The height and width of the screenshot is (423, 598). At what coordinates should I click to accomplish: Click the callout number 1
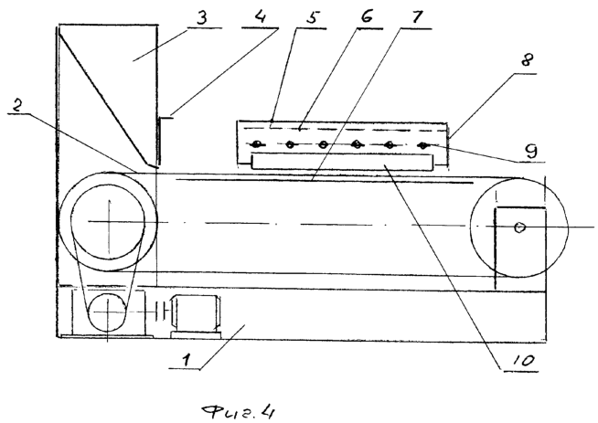point(186,360)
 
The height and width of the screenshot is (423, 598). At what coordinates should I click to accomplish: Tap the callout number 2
point(16,107)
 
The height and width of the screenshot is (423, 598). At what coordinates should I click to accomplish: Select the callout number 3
point(201,18)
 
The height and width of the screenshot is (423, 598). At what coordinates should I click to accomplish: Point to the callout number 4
point(260,18)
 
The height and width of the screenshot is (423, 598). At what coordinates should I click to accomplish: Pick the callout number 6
point(366,18)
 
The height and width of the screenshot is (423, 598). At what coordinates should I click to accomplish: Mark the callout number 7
point(417,18)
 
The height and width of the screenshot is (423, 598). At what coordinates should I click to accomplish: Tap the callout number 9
point(530,151)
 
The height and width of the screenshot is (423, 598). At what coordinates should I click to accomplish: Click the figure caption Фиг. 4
point(238,411)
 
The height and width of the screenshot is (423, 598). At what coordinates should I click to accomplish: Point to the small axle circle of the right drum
point(519,227)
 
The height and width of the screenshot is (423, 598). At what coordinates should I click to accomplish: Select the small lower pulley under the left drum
point(107,312)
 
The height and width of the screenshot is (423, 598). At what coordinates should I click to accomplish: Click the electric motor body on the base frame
point(196,313)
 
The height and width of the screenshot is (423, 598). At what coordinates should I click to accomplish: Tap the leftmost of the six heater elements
point(257,144)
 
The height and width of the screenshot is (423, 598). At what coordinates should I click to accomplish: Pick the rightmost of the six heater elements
point(422,145)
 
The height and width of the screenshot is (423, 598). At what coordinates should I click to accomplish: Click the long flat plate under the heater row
point(342,162)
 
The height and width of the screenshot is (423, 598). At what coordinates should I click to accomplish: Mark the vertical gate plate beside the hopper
point(159,141)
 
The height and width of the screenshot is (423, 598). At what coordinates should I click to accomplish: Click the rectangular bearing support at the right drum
point(520,248)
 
